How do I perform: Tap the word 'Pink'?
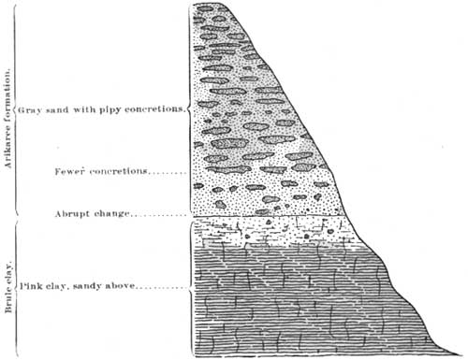click(31, 286)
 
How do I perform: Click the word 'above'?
click(120, 286)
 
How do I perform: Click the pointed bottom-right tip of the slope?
click(462, 354)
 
